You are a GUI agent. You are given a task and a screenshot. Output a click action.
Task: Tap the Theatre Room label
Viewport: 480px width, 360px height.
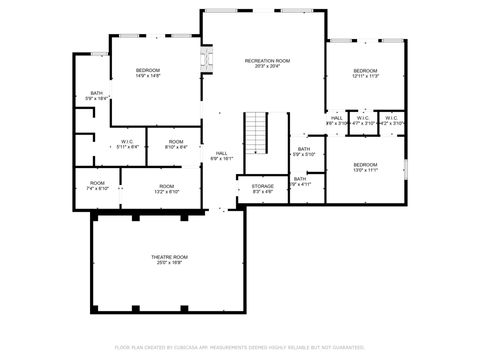(x=169, y=260)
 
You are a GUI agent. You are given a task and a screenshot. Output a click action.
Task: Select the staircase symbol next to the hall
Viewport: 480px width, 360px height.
(x=258, y=131)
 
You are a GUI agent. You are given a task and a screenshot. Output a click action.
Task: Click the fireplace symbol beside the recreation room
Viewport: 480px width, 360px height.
(x=207, y=59)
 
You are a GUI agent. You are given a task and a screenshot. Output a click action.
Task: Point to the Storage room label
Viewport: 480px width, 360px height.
(x=262, y=188)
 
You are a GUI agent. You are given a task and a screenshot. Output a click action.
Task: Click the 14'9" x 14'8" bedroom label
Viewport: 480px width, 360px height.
(x=148, y=72)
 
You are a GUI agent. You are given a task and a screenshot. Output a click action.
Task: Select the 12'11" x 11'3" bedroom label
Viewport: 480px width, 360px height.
(x=365, y=72)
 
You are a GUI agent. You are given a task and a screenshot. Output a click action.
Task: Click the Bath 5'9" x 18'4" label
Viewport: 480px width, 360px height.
(x=96, y=96)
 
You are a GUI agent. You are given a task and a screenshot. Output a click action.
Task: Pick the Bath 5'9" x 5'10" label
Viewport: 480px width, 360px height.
(x=302, y=152)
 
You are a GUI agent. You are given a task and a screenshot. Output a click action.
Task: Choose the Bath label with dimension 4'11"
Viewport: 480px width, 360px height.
(x=301, y=181)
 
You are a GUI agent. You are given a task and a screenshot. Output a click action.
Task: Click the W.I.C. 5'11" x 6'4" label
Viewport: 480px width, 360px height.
(x=127, y=145)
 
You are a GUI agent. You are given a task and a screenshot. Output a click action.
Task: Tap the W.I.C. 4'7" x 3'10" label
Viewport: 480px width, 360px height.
(x=363, y=120)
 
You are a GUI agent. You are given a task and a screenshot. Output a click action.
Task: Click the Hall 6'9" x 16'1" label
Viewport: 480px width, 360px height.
(x=221, y=155)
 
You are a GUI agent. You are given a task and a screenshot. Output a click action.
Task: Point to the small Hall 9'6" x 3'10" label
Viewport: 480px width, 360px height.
(x=336, y=120)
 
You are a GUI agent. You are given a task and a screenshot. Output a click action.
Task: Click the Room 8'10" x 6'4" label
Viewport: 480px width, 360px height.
(x=176, y=145)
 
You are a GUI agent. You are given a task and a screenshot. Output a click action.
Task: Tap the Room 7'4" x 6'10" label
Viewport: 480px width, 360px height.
(x=97, y=186)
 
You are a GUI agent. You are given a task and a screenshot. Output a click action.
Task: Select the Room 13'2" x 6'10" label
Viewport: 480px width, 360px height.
(x=166, y=188)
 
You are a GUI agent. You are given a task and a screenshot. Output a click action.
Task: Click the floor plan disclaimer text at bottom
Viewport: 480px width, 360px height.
(x=239, y=347)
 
